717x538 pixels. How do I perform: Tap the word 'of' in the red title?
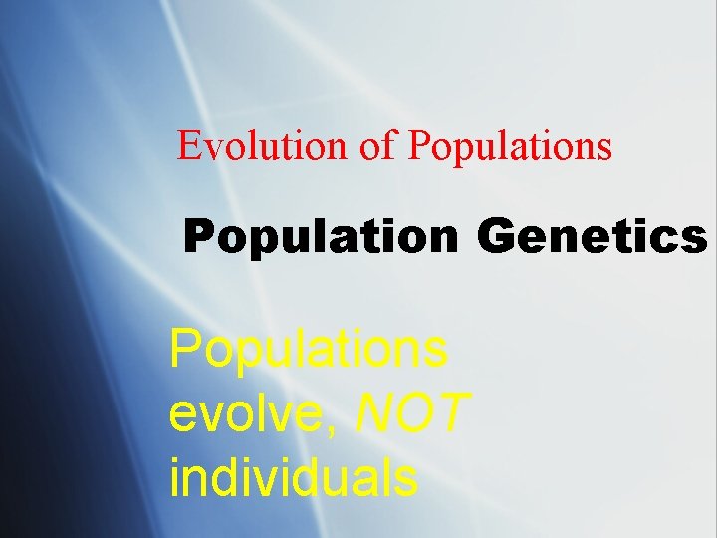click(x=378, y=146)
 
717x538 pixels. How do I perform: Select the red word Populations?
click(x=510, y=146)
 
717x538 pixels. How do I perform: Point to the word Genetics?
click(x=593, y=238)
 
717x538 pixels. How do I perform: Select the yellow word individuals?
click(x=294, y=477)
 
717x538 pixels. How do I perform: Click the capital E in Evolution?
click(x=186, y=146)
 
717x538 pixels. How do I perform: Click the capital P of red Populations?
click(x=418, y=146)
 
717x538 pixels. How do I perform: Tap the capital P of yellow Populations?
click(x=186, y=350)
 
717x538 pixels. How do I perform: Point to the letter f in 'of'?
click(x=390, y=145)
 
